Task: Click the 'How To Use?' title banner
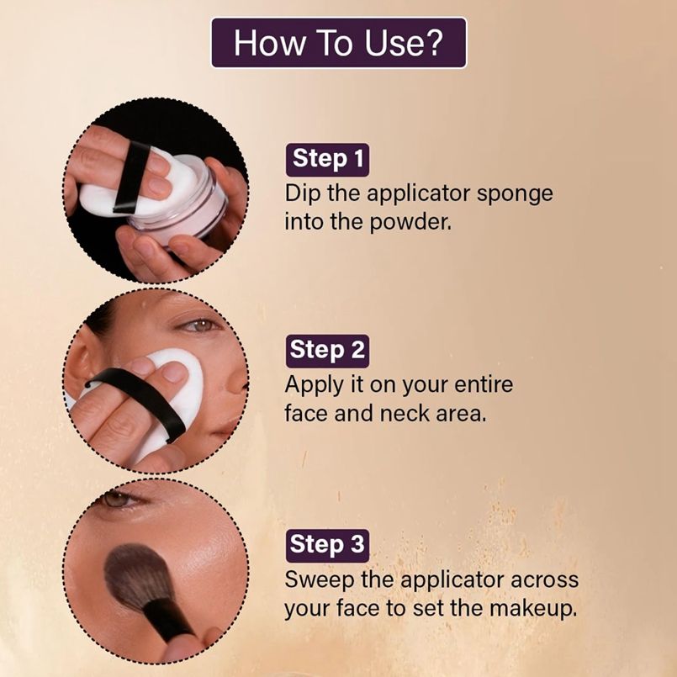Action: coord(339,43)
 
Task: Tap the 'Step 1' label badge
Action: coord(327,160)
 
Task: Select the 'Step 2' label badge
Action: coord(327,351)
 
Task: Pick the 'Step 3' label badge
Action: coord(327,545)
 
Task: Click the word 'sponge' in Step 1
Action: coord(515,194)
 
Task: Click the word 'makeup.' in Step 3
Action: coord(533,609)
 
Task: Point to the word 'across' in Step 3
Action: coord(544,580)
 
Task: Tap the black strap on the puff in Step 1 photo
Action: coord(131,177)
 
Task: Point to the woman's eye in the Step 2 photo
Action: coord(199,325)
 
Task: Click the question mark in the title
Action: coord(433,42)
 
